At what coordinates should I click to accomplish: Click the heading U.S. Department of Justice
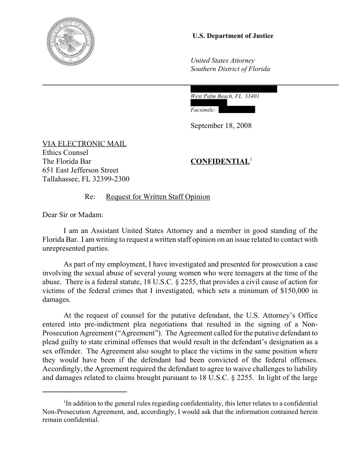pos(233,36)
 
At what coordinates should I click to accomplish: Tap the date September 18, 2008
pos(221,126)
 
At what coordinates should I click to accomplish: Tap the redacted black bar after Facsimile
pos(237,109)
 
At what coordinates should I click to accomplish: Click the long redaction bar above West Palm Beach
pos(233,89)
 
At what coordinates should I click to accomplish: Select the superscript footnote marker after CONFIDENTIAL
pos(251,159)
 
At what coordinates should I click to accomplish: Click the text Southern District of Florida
pos(230,69)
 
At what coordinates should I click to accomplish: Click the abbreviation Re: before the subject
pos(90,196)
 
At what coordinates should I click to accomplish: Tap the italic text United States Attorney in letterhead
pos(222,60)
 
